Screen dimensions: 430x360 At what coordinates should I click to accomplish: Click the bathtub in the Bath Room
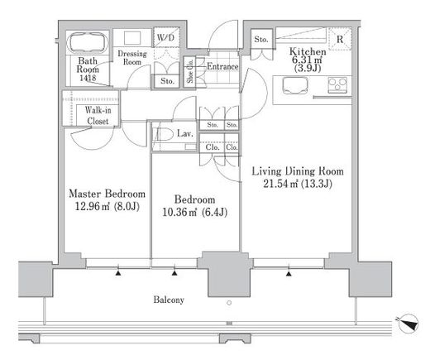pyautogui.click(x=88, y=43)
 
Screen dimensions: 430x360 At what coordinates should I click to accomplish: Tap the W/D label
pyautogui.click(x=166, y=37)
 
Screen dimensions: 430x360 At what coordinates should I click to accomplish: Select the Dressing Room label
pyautogui.click(x=132, y=57)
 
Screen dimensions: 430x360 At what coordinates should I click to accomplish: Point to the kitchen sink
pyautogui.click(x=295, y=85)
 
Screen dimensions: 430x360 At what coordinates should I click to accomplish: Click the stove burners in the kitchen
pyautogui.click(x=338, y=84)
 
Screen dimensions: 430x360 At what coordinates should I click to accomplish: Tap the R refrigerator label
pyautogui.click(x=340, y=39)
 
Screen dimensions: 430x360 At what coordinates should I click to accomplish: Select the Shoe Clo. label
pyautogui.click(x=190, y=72)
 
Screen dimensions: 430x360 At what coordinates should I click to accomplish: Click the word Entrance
pyautogui.click(x=222, y=66)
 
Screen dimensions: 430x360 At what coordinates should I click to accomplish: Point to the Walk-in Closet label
pyautogui.click(x=98, y=115)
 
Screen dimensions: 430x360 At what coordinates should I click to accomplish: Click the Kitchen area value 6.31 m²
pyautogui.click(x=308, y=60)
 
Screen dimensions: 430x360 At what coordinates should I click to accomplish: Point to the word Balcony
pyautogui.click(x=169, y=300)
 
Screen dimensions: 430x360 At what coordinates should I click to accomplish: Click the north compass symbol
pyautogui.click(x=408, y=324)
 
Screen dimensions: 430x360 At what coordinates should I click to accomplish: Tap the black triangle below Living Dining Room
pyautogui.click(x=289, y=274)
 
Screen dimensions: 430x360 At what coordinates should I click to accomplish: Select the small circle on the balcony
pyautogui.click(x=229, y=303)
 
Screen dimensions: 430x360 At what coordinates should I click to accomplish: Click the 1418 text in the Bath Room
pyautogui.click(x=88, y=78)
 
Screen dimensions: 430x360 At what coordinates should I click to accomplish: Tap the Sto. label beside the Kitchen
pyautogui.click(x=260, y=39)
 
